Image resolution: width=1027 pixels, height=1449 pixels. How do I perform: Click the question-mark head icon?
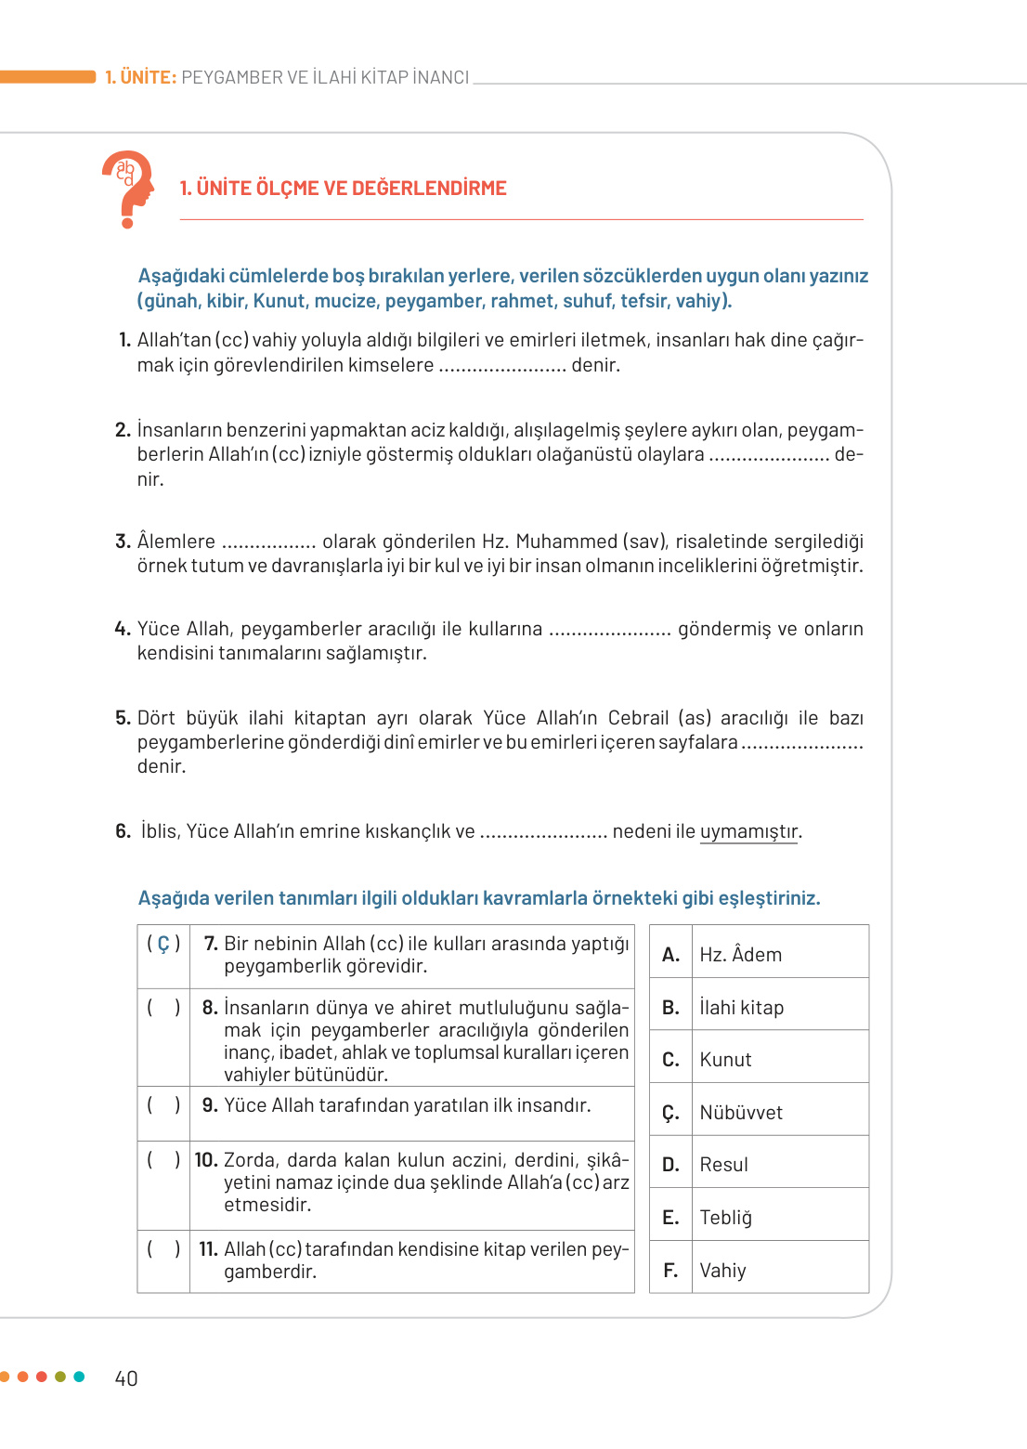tap(128, 189)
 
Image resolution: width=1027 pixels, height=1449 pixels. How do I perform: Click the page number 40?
tap(126, 1378)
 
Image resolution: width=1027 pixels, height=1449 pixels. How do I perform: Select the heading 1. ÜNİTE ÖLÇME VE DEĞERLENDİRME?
tap(343, 189)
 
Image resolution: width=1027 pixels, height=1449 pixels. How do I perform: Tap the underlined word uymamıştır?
tap(748, 831)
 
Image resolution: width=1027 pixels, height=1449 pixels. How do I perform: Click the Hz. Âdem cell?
tap(740, 955)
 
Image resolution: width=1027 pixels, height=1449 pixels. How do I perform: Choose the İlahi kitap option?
tap(741, 1008)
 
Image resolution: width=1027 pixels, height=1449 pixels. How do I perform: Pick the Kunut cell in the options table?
tap(725, 1060)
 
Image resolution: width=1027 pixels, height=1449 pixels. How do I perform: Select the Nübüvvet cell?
tap(740, 1113)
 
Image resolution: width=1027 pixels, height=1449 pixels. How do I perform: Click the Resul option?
tap(723, 1165)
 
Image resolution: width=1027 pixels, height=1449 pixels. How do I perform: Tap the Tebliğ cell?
tap(725, 1218)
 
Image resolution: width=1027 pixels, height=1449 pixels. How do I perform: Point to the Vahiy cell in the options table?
tap(722, 1271)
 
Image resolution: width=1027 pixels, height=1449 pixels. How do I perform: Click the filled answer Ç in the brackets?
tap(163, 944)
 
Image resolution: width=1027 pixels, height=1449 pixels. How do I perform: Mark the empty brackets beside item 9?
tap(163, 1105)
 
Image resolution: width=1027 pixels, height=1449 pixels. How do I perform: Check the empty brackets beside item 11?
tap(163, 1249)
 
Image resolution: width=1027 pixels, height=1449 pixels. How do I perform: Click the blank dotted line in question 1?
tap(501, 367)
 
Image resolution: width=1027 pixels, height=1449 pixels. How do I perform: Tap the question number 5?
tap(123, 718)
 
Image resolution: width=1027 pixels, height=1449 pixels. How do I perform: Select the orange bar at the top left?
tap(47, 77)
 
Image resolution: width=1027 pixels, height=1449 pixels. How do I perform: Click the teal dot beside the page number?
tap(79, 1377)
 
